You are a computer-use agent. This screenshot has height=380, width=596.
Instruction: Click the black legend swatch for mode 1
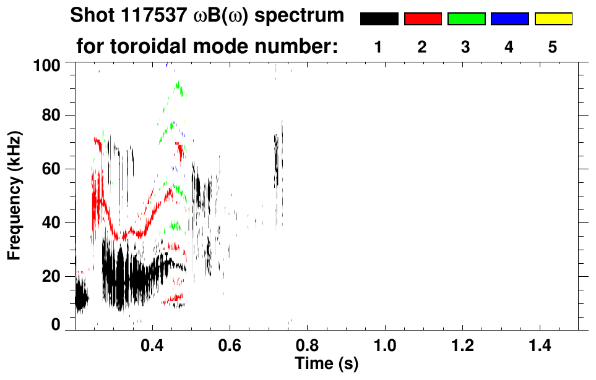coord(379,19)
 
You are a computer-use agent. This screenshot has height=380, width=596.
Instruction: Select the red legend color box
coord(423,19)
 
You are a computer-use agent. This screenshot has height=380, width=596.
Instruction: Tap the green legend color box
coord(466,19)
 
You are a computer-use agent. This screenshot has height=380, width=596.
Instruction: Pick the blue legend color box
coord(509,19)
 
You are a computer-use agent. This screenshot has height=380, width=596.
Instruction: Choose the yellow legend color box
coord(553,19)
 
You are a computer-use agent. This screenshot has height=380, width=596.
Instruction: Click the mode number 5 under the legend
coord(553,47)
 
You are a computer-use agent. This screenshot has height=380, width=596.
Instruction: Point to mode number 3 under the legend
coord(465,47)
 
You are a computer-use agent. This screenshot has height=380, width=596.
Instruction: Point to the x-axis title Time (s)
coord(326,364)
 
